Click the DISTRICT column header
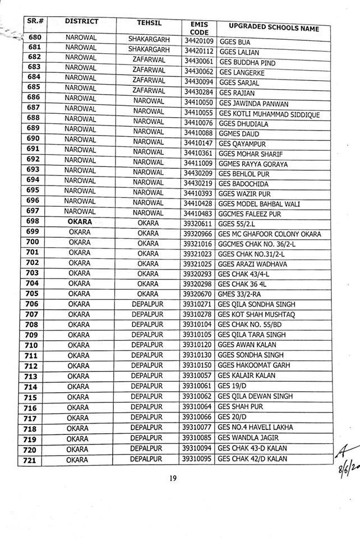coord(81,22)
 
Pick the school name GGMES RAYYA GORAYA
coord(253,164)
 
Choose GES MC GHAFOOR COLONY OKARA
coord(270,234)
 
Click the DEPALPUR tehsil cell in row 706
coord(147,304)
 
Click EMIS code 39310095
coord(196,460)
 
